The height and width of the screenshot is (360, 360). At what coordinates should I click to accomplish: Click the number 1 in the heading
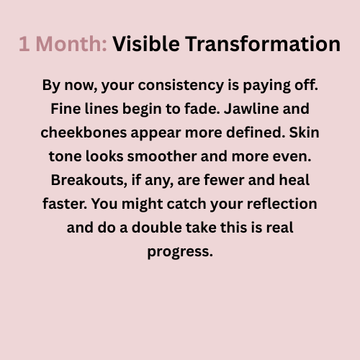[24, 44]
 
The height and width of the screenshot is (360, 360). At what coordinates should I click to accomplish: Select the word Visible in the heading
[146, 44]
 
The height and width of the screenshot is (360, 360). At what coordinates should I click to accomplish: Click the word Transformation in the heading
[263, 44]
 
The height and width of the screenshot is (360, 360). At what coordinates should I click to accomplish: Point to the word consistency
[181, 86]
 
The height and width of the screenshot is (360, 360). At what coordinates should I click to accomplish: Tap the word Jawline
[251, 109]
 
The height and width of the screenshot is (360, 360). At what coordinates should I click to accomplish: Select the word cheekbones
[84, 132]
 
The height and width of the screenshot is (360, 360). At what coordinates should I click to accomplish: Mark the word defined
[256, 132]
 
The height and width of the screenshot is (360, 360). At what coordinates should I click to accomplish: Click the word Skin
[304, 132]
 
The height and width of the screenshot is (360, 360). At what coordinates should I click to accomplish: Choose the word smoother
[162, 156]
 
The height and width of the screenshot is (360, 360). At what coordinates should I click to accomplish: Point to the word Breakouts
[89, 180]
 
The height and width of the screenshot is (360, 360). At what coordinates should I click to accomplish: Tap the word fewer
[224, 180]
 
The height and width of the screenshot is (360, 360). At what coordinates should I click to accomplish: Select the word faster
[65, 204]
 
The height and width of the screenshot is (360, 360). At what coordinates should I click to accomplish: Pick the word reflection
[282, 204]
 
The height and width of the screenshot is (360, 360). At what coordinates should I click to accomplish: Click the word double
[157, 228]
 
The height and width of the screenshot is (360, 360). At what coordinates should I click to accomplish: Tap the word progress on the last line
[180, 252]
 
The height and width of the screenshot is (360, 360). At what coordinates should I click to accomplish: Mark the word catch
[186, 204]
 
